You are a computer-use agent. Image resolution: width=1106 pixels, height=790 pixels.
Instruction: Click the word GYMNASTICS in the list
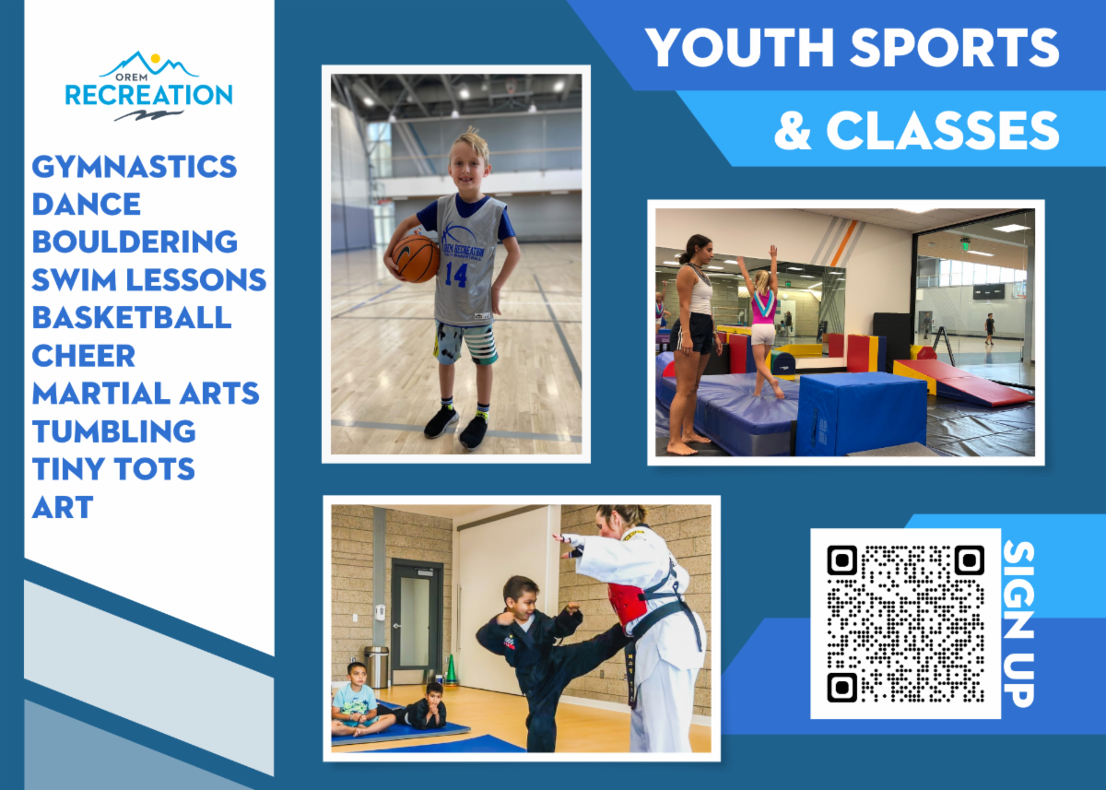coord(135,167)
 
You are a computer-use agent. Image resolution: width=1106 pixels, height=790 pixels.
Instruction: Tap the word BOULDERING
coord(135,242)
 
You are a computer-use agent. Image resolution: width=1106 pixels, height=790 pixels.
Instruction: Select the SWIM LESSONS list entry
coord(149,279)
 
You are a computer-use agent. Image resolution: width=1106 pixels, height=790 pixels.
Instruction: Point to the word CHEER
coord(84,356)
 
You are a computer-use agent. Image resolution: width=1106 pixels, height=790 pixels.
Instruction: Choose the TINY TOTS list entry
coord(113,468)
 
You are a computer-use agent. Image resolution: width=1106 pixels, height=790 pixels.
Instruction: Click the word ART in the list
coord(63,507)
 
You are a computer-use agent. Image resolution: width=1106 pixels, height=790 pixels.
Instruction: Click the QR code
coord(905,623)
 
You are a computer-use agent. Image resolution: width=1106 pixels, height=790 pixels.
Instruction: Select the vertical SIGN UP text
coord(1018,624)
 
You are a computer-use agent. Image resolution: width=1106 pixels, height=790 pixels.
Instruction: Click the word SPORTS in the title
coord(955,47)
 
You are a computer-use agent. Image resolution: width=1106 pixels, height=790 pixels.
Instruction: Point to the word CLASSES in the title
coord(943,130)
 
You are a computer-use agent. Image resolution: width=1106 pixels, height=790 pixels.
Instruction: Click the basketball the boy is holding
coord(416,258)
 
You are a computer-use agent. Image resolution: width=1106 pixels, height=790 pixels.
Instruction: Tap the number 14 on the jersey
coord(455,275)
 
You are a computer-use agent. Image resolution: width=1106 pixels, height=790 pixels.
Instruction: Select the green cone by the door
coord(451,669)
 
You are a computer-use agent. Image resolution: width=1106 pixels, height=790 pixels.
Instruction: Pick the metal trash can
coord(376,667)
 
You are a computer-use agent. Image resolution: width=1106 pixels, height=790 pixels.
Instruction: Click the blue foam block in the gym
coord(862,414)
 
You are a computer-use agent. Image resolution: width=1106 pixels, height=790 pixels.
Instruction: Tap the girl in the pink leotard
coord(762,321)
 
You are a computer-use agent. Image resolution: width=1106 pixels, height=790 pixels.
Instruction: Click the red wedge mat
coord(963,382)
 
